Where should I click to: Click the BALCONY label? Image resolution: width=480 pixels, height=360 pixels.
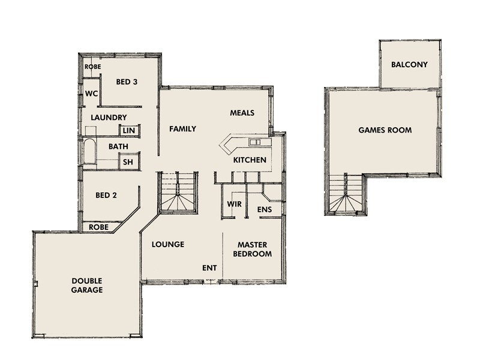pos(409,64)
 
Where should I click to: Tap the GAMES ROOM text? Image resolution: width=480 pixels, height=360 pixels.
pos(385,130)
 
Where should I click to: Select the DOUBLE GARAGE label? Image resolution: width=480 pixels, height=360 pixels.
pos(88,285)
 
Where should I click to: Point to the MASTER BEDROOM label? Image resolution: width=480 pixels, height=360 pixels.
pos(254,249)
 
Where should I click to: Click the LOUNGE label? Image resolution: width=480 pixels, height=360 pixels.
pos(168,244)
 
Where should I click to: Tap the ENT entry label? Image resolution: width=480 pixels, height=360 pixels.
pos(209,268)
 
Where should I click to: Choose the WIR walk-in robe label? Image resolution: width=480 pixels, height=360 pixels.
pos(234,204)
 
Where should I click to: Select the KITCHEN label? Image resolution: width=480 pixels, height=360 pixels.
pos(250,160)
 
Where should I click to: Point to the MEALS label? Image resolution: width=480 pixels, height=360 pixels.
pos(242,113)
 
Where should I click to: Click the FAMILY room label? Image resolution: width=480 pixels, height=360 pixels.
pos(182,129)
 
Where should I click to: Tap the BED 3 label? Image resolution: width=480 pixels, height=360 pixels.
pos(127,82)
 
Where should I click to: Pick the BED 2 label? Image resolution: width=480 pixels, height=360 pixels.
pos(106,195)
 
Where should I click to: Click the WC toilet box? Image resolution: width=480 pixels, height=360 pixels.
pos(91,94)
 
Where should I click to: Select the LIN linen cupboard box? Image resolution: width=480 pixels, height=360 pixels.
pos(129,130)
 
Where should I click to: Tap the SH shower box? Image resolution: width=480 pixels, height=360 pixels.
pos(128,162)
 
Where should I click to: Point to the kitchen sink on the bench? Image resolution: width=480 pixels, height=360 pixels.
pos(254,142)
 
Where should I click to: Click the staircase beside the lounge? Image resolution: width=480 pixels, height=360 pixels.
pos(178,193)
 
